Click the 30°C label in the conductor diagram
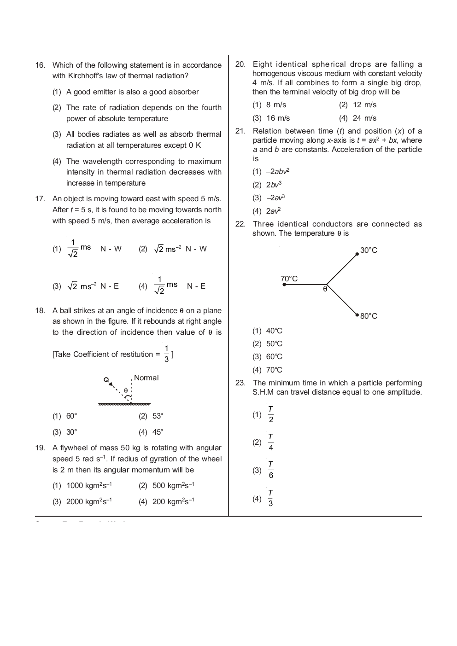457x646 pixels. click(x=369, y=250)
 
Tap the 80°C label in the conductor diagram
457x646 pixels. click(x=369, y=316)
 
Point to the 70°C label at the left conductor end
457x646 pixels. click(x=289, y=279)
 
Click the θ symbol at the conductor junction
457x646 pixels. click(x=325, y=289)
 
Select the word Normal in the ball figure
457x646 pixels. click(x=146, y=378)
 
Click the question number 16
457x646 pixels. click(x=40, y=65)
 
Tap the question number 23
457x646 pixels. click(x=240, y=383)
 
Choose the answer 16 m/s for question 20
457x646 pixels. click(x=278, y=118)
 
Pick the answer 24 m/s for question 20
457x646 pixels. click(x=364, y=118)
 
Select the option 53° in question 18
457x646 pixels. click(x=158, y=416)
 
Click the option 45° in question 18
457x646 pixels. click(x=158, y=432)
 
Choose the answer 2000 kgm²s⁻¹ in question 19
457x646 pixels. click(x=89, y=501)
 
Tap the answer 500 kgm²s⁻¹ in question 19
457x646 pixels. click(x=173, y=486)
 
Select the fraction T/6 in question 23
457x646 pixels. click(x=270, y=470)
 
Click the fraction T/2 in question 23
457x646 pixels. click(x=270, y=414)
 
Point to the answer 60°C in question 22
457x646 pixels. click(x=274, y=357)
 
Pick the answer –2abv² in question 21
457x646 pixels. click(x=277, y=172)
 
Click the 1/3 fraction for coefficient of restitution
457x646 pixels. click(x=166, y=354)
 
